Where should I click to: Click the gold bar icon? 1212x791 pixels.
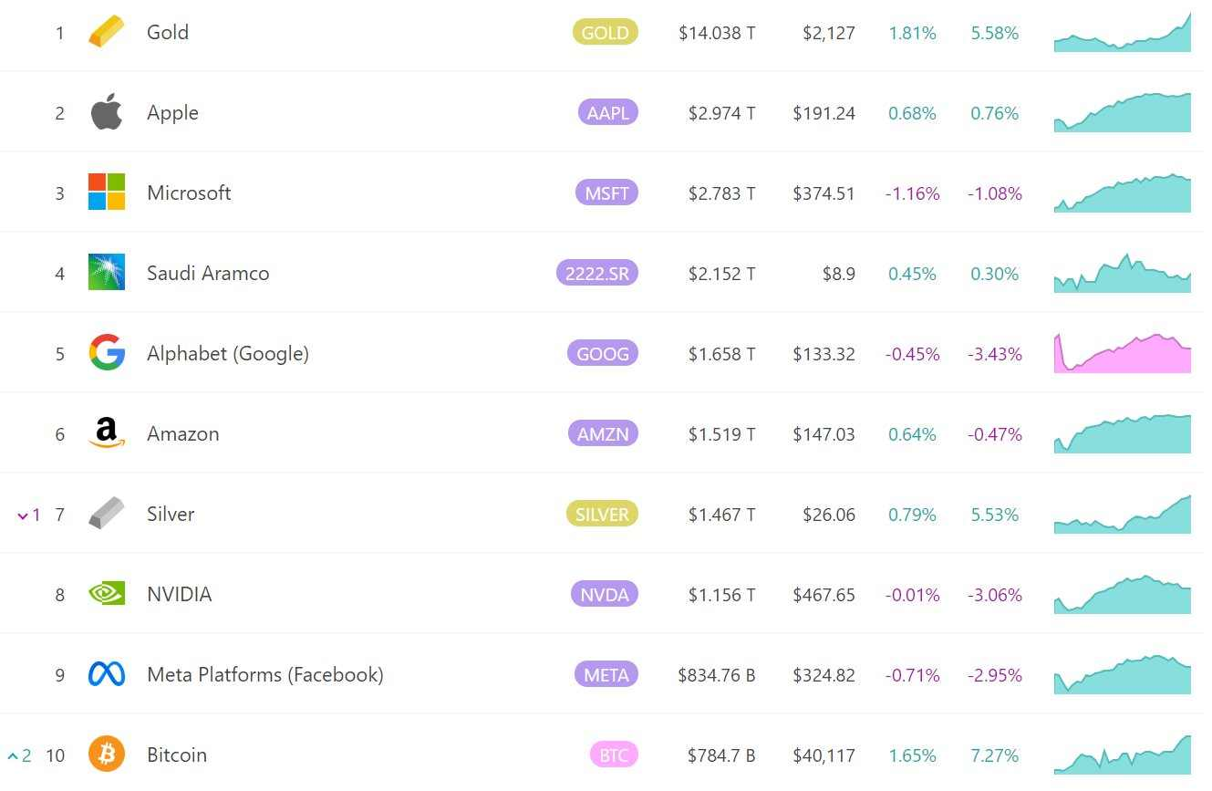point(107,31)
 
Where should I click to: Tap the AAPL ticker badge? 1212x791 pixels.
point(607,112)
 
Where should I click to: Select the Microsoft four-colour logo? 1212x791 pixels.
point(107,192)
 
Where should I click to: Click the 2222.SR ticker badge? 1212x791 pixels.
point(596,274)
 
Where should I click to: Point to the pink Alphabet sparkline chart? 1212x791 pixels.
point(1123,353)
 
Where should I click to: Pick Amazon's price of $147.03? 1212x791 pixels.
point(824,434)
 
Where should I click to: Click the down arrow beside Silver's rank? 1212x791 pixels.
point(23,516)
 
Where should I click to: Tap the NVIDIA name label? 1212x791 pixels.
point(179,595)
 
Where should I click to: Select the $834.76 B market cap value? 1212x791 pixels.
point(717,675)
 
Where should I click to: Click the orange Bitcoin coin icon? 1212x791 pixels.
point(107,754)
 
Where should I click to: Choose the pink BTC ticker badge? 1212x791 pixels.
point(614,755)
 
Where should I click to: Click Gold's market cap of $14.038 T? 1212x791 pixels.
point(717,33)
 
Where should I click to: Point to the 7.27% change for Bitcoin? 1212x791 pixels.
point(994,755)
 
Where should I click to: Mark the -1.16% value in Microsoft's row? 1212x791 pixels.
point(912,193)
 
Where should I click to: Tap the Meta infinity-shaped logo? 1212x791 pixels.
point(107,674)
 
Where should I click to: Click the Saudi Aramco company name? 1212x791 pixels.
point(208,274)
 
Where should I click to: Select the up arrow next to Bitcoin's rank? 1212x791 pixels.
point(13,755)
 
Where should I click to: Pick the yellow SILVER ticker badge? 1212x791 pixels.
point(602,514)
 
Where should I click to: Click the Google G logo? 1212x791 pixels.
point(107,352)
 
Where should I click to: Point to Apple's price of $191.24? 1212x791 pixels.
point(824,113)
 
